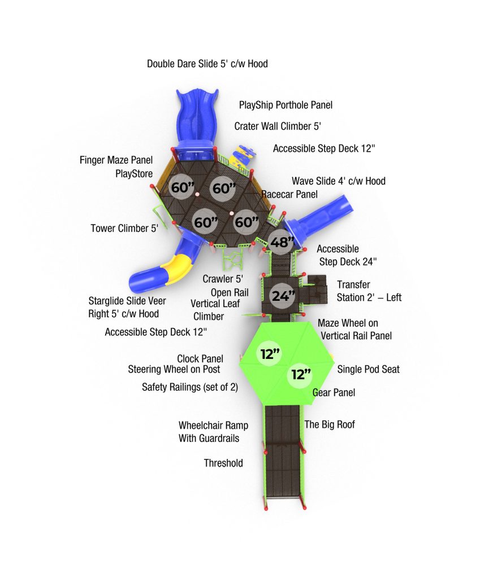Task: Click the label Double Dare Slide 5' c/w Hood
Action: (207, 64)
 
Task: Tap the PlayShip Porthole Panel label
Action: (286, 105)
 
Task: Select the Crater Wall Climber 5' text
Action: (278, 126)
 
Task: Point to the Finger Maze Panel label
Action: (116, 160)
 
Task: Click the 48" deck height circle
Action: (282, 242)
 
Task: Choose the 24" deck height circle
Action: (283, 296)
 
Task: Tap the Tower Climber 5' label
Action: (124, 228)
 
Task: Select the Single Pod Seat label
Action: (368, 369)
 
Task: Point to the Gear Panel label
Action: (334, 393)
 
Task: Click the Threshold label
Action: (223, 463)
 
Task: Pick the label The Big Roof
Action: (330, 424)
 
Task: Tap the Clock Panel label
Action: (200, 358)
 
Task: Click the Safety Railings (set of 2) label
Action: (190, 387)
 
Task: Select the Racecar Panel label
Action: (289, 194)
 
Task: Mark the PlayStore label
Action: (134, 174)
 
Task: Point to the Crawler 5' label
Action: (223, 279)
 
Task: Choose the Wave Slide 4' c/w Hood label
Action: (339, 181)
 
